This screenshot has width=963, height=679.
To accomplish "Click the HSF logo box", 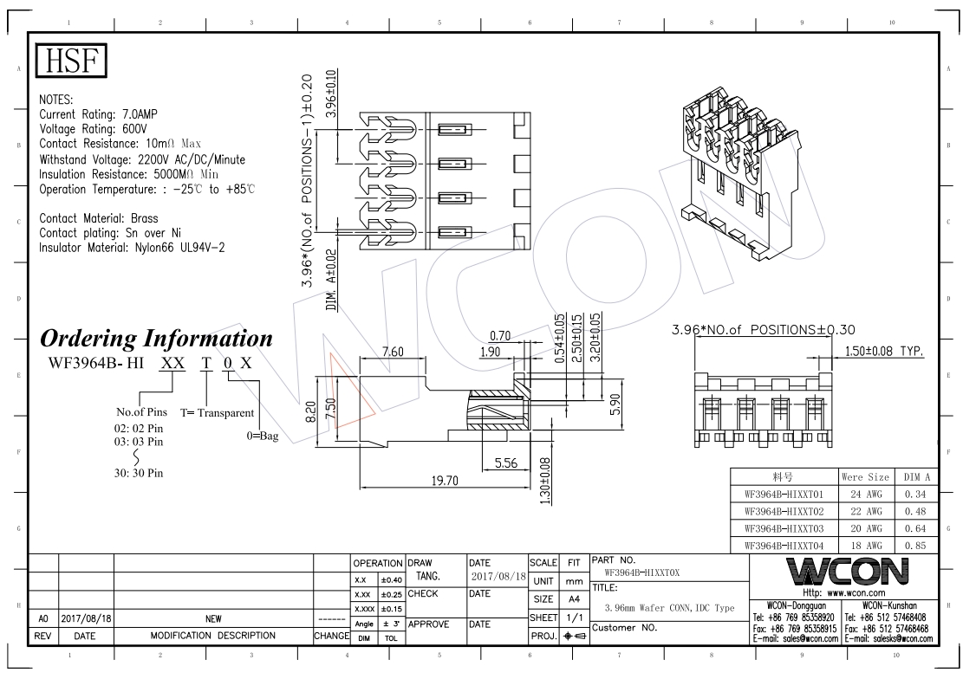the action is pos(71,60).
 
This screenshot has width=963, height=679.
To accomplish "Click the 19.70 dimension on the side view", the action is pos(444,481).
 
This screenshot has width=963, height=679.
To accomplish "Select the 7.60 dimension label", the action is pos(393,352).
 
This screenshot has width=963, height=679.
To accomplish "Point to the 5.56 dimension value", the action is pos(505,462).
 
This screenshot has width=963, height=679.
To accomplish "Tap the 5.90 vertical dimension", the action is pos(615,404).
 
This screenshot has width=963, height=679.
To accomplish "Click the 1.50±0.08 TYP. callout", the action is pos(884,351).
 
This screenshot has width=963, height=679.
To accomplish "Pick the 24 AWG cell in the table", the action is pos(865,495).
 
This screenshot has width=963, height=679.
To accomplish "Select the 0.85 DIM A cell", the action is pos(915,545).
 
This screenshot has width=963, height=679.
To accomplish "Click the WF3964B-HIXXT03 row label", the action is pos(784,528).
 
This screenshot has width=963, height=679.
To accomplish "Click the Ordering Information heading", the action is pos(156,339).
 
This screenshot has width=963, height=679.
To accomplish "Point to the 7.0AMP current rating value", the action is pos(140,114).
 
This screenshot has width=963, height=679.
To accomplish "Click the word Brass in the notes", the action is pos(145,218).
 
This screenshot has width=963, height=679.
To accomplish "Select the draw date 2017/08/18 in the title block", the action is pos(498,577).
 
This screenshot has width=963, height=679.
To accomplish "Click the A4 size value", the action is pos(574,599).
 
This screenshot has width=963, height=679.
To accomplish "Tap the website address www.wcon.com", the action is pos(856,593).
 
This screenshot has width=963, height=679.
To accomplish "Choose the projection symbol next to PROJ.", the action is pos(576,636).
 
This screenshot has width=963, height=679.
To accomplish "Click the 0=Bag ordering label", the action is pos(263,436).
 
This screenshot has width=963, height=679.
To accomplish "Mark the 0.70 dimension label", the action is pos(500,336).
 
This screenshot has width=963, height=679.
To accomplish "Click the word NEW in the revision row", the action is pos(213,619).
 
